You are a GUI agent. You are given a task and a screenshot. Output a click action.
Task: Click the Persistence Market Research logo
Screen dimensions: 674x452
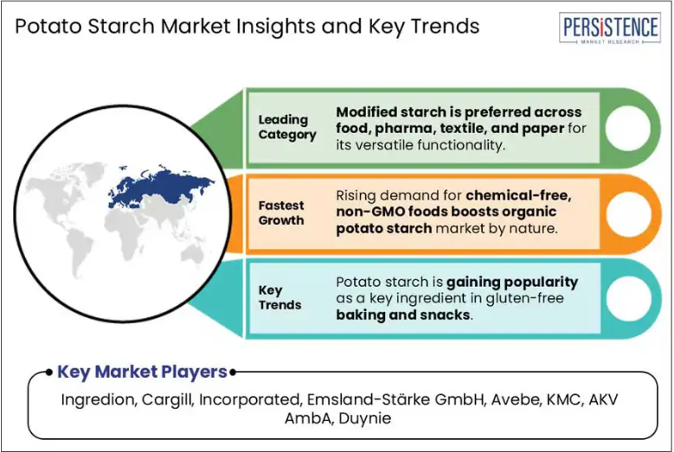[609, 28]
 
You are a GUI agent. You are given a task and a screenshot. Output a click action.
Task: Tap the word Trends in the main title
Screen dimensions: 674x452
[445, 26]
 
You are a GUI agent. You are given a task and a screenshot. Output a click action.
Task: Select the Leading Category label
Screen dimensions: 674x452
[287, 127]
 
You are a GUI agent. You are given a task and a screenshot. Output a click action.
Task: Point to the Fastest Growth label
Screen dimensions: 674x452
[281, 213]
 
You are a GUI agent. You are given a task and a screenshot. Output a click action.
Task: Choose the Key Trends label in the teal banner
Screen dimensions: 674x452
[279, 297]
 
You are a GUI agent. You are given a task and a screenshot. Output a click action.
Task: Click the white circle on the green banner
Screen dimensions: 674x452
[627, 128]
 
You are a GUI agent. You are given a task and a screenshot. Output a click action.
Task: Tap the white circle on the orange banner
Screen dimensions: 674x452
[627, 213]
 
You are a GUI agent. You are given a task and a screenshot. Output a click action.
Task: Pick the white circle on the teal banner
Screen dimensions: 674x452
[627, 299]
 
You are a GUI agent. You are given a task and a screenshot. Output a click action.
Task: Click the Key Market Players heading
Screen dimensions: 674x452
[142, 372]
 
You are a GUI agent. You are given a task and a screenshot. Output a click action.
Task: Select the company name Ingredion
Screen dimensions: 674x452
[99, 399]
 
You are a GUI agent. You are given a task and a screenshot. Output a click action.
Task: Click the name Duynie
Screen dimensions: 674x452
[365, 418]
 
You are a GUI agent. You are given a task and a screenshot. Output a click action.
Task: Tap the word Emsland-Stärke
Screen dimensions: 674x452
[368, 399]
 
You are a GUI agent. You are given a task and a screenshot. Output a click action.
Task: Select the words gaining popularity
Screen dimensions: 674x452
[512, 283]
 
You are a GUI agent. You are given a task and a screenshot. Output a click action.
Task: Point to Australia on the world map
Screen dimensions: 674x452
[192, 253]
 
